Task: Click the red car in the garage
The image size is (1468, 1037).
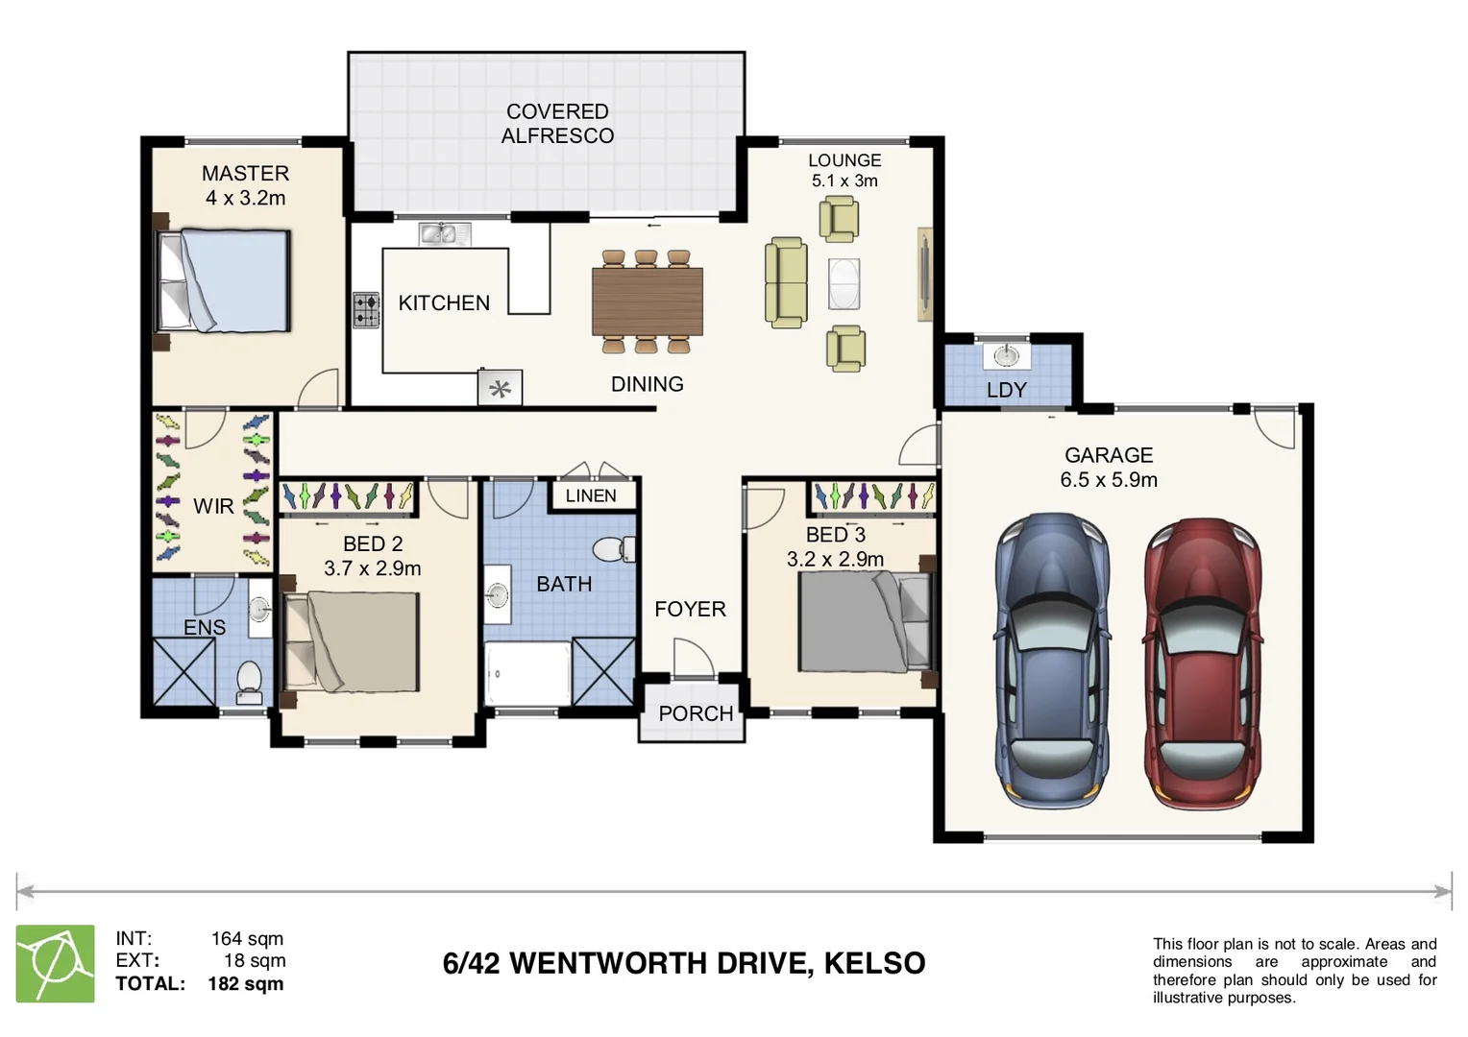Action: click(1203, 663)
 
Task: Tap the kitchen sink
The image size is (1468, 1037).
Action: click(444, 233)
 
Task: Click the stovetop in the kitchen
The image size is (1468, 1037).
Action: click(366, 310)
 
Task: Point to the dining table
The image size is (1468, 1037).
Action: click(647, 301)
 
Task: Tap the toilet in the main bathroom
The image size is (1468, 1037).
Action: click(612, 549)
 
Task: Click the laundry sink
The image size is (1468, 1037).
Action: click(1006, 355)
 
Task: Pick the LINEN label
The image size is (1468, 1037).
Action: click(591, 495)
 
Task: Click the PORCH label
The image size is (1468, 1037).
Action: click(696, 713)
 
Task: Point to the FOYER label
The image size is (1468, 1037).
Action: click(690, 609)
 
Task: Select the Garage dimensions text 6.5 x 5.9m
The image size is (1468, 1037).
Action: click(1109, 479)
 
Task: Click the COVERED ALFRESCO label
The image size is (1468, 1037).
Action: click(557, 124)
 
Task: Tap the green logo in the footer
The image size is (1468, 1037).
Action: click(56, 963)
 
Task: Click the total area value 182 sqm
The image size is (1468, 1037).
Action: click(245, 983)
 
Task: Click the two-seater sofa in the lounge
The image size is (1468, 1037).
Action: click(786, 282)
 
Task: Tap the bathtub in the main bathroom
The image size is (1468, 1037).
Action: click(527, 674)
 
